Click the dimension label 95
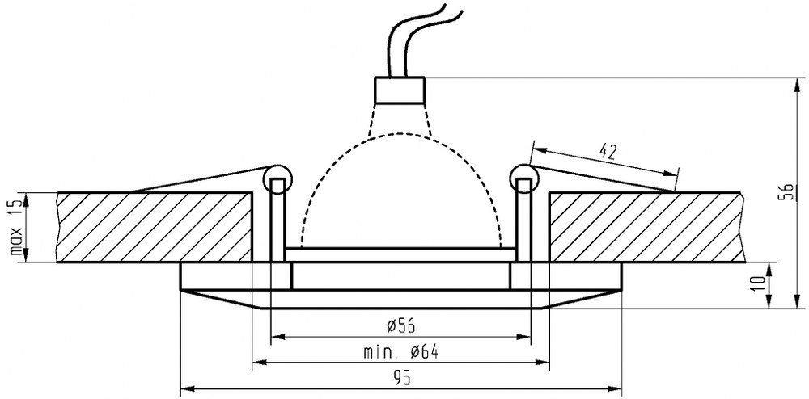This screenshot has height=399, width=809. [401, 379]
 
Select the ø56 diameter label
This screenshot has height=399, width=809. [401, 325]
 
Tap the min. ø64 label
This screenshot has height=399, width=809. [401, 352]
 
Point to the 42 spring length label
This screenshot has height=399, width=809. [608, 150]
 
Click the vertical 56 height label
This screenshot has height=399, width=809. [788, 191]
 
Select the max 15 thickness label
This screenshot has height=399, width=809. [17, 227]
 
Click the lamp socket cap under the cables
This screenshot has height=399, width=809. [400, 90]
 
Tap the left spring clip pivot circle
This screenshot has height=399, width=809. [277, 179]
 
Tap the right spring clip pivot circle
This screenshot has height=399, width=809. [524, 179]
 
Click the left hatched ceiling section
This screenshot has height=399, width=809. [155, 227]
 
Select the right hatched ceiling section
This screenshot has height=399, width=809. [647, 227]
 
